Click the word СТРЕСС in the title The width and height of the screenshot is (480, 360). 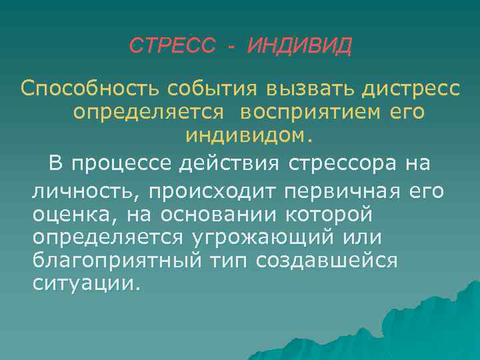[x=172, y=46]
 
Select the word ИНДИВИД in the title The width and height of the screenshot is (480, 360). [x=298, y=46]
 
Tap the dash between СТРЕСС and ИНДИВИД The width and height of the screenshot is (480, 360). [x=231, y=47]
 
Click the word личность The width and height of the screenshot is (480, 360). [x=86, y=193]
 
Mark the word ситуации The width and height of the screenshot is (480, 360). [x=87, y=283]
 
